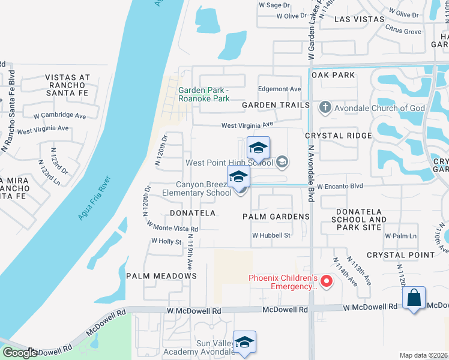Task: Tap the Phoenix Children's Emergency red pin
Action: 327,280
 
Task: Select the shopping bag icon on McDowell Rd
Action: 415,298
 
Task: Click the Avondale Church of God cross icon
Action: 325,108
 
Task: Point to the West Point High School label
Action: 229,163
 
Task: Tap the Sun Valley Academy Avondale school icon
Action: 244,342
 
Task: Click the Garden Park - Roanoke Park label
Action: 204,94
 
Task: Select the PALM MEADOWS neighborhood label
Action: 161,276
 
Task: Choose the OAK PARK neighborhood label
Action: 333,75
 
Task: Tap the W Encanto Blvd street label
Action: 340,186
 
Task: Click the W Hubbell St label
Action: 271,236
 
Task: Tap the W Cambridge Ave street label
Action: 60,115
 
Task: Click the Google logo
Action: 19,353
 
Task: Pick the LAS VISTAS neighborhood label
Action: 359,19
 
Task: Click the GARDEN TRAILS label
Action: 276,105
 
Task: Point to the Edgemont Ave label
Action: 279,89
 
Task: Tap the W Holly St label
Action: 166,241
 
